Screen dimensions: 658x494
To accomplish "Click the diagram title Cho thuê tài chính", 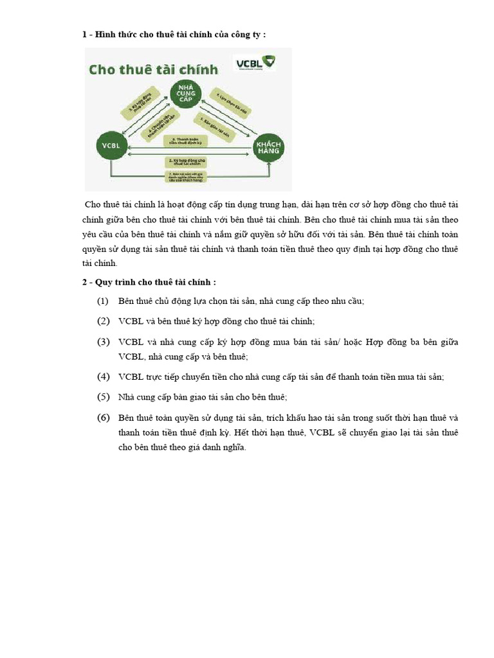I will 153,69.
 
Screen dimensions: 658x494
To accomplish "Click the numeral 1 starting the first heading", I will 84,34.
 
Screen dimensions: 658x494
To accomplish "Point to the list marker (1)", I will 103,301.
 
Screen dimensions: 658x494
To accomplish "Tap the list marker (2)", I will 103,321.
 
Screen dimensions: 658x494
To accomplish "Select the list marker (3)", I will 103,341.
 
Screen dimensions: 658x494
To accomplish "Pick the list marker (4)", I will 103,377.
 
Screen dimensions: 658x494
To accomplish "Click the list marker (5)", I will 103,397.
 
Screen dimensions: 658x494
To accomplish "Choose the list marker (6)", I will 103,418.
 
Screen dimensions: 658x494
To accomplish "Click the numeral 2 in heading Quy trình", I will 84,281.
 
